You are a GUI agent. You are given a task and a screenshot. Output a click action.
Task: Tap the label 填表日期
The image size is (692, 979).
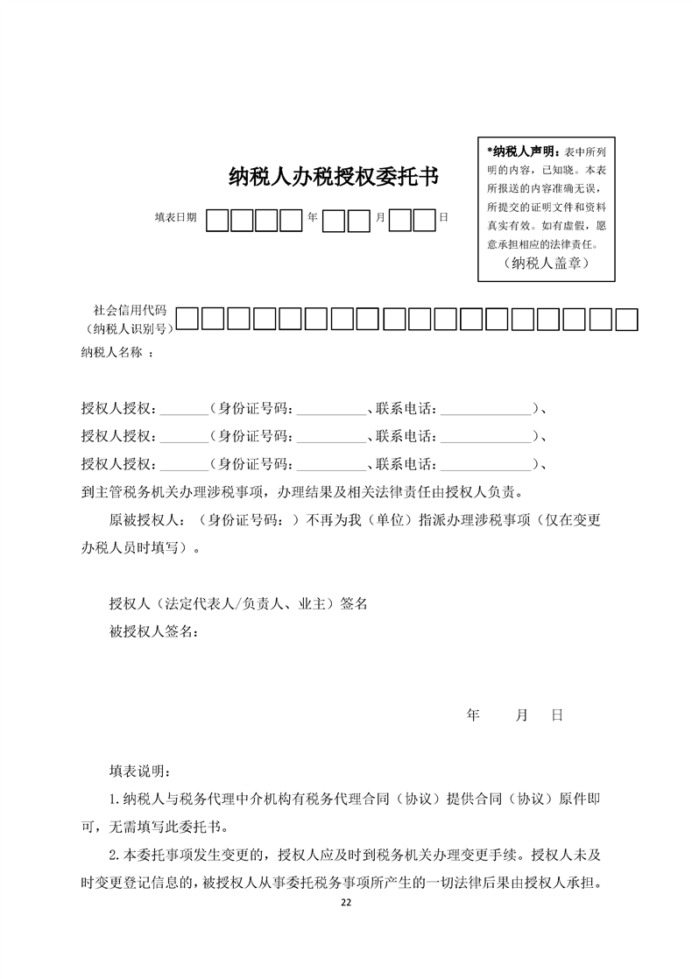tap(175, 217)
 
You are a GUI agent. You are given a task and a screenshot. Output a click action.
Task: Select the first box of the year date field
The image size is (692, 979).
tap(217, 219)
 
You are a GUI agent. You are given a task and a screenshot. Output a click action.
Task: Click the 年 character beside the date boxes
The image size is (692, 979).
tap(312, 217)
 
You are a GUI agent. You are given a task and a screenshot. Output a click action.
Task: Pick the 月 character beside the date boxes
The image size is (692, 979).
tap(379, 217)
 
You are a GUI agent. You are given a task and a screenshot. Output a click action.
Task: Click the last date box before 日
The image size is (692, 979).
tap(425, 219)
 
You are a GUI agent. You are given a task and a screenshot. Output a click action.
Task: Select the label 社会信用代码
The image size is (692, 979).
tap(130, 310)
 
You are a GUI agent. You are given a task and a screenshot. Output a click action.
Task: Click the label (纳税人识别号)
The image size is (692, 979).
tap(128, 328)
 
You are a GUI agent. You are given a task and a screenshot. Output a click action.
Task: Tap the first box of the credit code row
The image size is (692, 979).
tap(187, 320)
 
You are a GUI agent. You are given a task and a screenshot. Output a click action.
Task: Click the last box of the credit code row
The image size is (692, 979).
tap(626, 320)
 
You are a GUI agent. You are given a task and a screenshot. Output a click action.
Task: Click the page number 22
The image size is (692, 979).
tap(346, 903)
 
